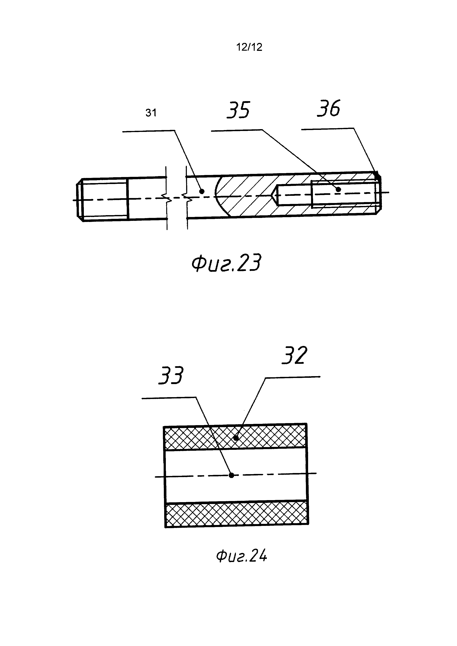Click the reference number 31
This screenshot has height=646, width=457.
[x=151, y=113]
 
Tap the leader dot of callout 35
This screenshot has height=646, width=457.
[x=339, y=190]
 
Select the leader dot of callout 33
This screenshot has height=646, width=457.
[x=231, y=475]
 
